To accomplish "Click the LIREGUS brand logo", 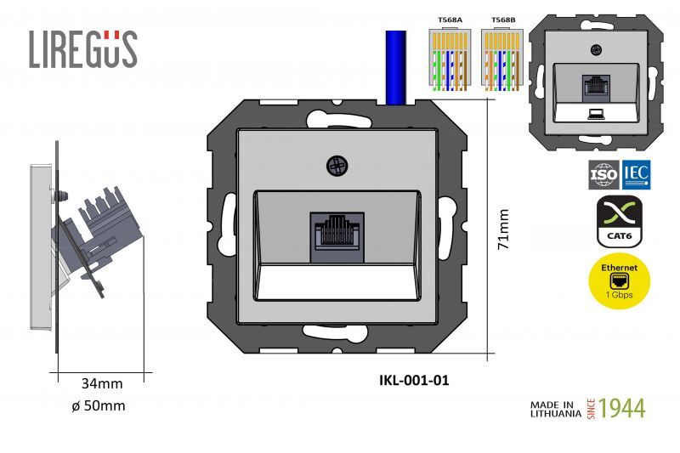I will [x=82, y=48].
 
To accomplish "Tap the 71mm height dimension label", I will [x=503, y=229].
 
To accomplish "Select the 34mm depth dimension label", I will [x=102, y=383].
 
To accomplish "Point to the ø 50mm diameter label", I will [x=99, y=405].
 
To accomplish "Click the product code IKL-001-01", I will [x=413, y=380].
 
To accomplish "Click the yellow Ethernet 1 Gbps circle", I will [x=620, y=281].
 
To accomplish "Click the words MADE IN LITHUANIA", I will [x=556, y=408].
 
